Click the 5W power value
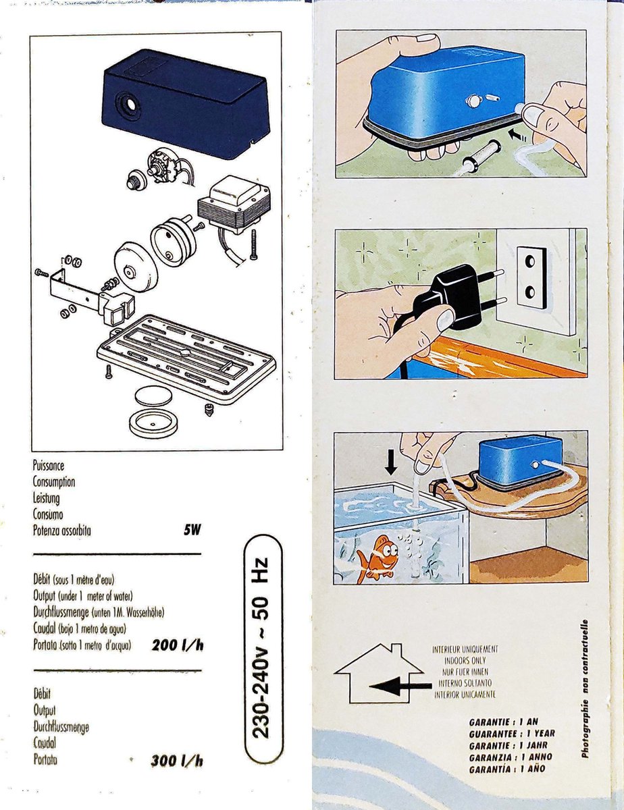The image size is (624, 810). coord(192,530)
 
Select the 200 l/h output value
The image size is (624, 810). coord(178,645)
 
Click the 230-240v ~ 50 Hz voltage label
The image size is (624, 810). coord(261,648)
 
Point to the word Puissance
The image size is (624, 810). coord(49,466)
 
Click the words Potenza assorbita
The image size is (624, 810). coord(61,531)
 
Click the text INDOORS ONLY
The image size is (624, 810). coord(466,661)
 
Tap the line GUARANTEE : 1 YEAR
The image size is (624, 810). coord(512,732)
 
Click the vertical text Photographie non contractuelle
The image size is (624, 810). coord(585,688)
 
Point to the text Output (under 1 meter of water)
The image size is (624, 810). coord(82,596)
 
